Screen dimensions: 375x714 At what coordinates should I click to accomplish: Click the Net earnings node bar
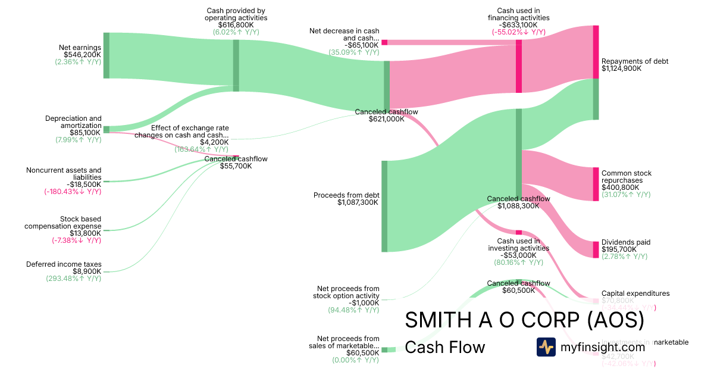(107, 55)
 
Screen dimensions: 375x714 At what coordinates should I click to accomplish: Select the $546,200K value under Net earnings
(82, 54)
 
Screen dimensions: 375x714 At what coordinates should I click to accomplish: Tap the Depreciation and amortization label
(73, 122)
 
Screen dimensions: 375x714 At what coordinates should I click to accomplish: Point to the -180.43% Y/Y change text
(73, 192)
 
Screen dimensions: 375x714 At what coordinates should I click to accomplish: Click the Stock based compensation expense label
(63, 223)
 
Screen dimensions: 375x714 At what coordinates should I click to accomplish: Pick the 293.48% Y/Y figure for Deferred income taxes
(74, 279)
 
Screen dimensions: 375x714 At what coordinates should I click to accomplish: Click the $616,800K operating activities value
(236, 25)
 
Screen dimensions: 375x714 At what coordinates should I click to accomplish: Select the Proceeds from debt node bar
(384, 206)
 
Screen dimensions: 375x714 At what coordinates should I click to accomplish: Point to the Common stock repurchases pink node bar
(596, 185)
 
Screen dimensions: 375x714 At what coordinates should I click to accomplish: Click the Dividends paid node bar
(596, 249)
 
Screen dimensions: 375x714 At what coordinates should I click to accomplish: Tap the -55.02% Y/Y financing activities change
(518, 32)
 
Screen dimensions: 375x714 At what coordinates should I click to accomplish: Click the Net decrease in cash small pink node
(384, 42)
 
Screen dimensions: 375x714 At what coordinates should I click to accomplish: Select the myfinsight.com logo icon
(546, 346)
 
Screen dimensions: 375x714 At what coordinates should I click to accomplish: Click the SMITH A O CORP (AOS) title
(524, 320)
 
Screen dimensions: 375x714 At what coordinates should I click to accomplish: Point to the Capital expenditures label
(635, 293)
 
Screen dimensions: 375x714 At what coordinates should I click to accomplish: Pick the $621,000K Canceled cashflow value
(386, 119)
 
